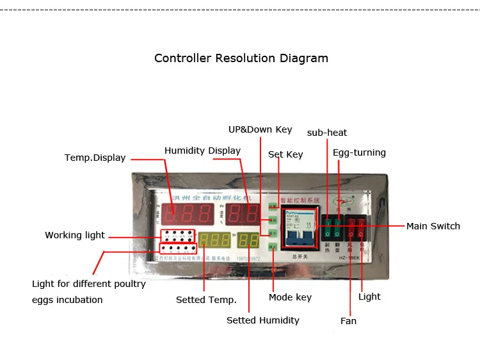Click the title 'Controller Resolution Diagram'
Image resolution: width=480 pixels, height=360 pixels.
click(241, 58)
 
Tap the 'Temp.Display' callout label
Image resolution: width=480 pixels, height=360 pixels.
click(95, 158)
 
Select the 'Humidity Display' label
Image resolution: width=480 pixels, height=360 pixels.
click(202, 151)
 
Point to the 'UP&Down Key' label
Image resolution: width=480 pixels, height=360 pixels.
click(260, 129)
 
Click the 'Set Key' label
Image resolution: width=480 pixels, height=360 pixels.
click(285, 154)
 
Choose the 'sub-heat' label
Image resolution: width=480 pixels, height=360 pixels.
click(327, 133)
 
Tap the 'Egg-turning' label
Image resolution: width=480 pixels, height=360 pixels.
click(359, 152)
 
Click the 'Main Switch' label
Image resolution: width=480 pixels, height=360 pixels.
click(433, 226)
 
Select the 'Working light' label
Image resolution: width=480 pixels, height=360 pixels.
click(75, 235)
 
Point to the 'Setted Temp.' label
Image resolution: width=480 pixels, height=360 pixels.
click(206, 300)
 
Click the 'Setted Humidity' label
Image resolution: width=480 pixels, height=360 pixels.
click(262, 320)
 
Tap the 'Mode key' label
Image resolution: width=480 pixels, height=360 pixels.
click(290, 297)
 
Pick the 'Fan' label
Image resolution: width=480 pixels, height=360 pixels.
click(348, 320)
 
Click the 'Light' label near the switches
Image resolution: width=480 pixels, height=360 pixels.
click(369, 297)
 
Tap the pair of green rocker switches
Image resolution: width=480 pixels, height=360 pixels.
click(331, 226)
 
